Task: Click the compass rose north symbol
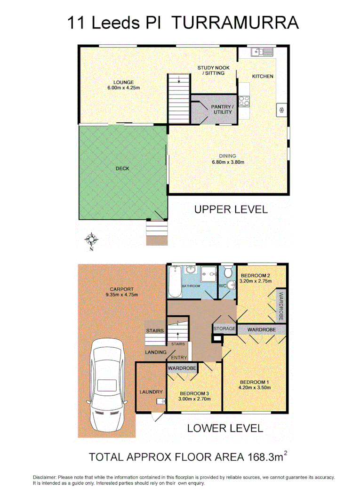(91, 240)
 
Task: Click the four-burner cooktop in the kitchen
(244, 100)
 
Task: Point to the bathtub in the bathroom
(174, 281)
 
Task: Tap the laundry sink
(160, 401)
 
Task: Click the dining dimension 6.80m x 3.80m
(227, 162)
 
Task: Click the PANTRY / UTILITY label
(222, 109)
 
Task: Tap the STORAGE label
(224, 328)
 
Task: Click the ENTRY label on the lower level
(179, 358)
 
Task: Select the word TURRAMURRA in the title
(234, 23)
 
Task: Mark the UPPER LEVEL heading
(231, 209)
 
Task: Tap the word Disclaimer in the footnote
(44, 477)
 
